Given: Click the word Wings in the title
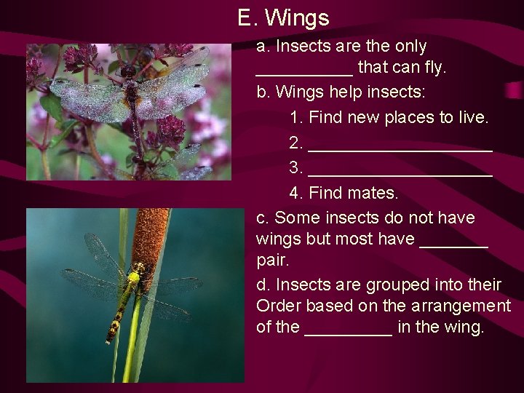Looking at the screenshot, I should [297, 17].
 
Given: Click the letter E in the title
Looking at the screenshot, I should [245, 17].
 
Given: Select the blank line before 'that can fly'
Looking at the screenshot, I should [304, 71].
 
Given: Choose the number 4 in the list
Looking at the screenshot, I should [295, 194].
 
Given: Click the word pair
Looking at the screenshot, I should [273, 261].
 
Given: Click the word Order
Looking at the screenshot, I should [280, 306].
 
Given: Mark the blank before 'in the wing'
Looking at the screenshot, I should [349, 332].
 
